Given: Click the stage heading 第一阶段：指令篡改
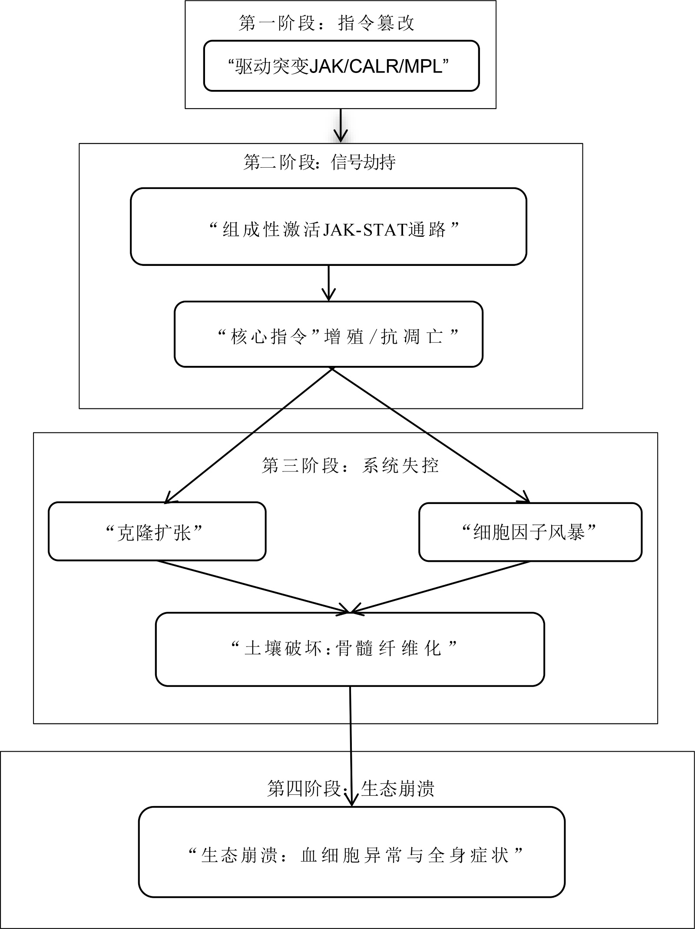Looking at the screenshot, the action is click(326, 23).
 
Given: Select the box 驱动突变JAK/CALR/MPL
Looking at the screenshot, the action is click(341, 66).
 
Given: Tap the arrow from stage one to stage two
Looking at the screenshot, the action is click(341, 125).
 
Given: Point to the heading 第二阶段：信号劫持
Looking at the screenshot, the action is click(319, 162).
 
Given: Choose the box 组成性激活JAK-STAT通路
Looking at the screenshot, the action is click(328, 226).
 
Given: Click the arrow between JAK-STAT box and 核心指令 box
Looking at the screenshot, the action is click(328, 283).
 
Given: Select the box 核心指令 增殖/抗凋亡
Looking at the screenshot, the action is click(328, 334).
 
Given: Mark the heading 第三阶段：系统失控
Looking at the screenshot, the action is click(350, 466).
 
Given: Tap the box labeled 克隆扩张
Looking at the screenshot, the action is click(157, 531).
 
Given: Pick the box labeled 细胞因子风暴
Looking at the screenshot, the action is click(530, 532).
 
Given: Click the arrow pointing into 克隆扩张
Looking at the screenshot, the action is click(248, 435).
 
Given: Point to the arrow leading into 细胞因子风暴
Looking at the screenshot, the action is click(431, 435).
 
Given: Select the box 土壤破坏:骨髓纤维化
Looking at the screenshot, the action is click(350, 649).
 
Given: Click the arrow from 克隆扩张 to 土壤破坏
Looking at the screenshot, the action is click(253, 587).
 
